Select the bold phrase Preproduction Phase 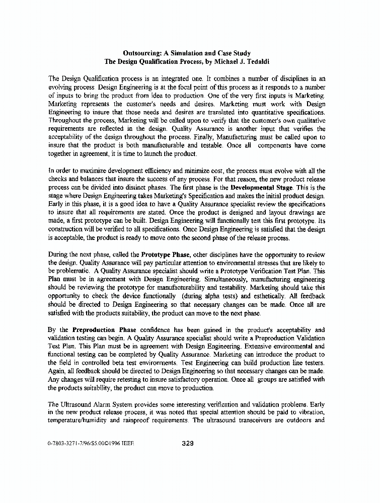(x=101, y=330)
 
